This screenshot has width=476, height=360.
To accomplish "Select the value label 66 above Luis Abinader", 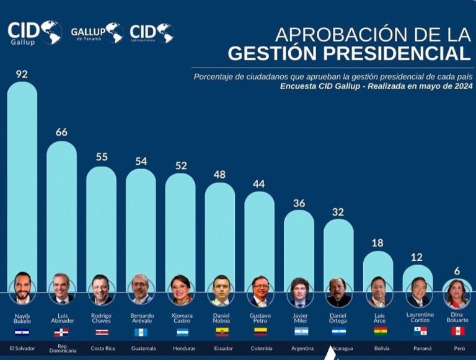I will tap(61, 132).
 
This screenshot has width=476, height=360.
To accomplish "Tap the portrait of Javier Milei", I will tap(299, 291).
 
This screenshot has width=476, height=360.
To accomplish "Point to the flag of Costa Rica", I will tap(101, 332).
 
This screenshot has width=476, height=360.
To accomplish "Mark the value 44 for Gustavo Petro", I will tap(259, 183).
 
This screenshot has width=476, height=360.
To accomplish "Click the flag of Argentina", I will tap(299, 332).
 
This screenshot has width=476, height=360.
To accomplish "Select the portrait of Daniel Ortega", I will tap(339, 291).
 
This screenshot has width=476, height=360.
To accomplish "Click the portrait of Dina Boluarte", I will tap(457, 292).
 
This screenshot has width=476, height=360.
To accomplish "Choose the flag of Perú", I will tap(457, 331).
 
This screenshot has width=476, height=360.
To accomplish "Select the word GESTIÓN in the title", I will tap(283, 53).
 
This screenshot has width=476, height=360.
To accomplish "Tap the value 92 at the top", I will tap(22, 74).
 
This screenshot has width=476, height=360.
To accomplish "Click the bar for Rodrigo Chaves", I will tap(101, 223).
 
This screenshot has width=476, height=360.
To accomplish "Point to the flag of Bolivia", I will tap(379, 331).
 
